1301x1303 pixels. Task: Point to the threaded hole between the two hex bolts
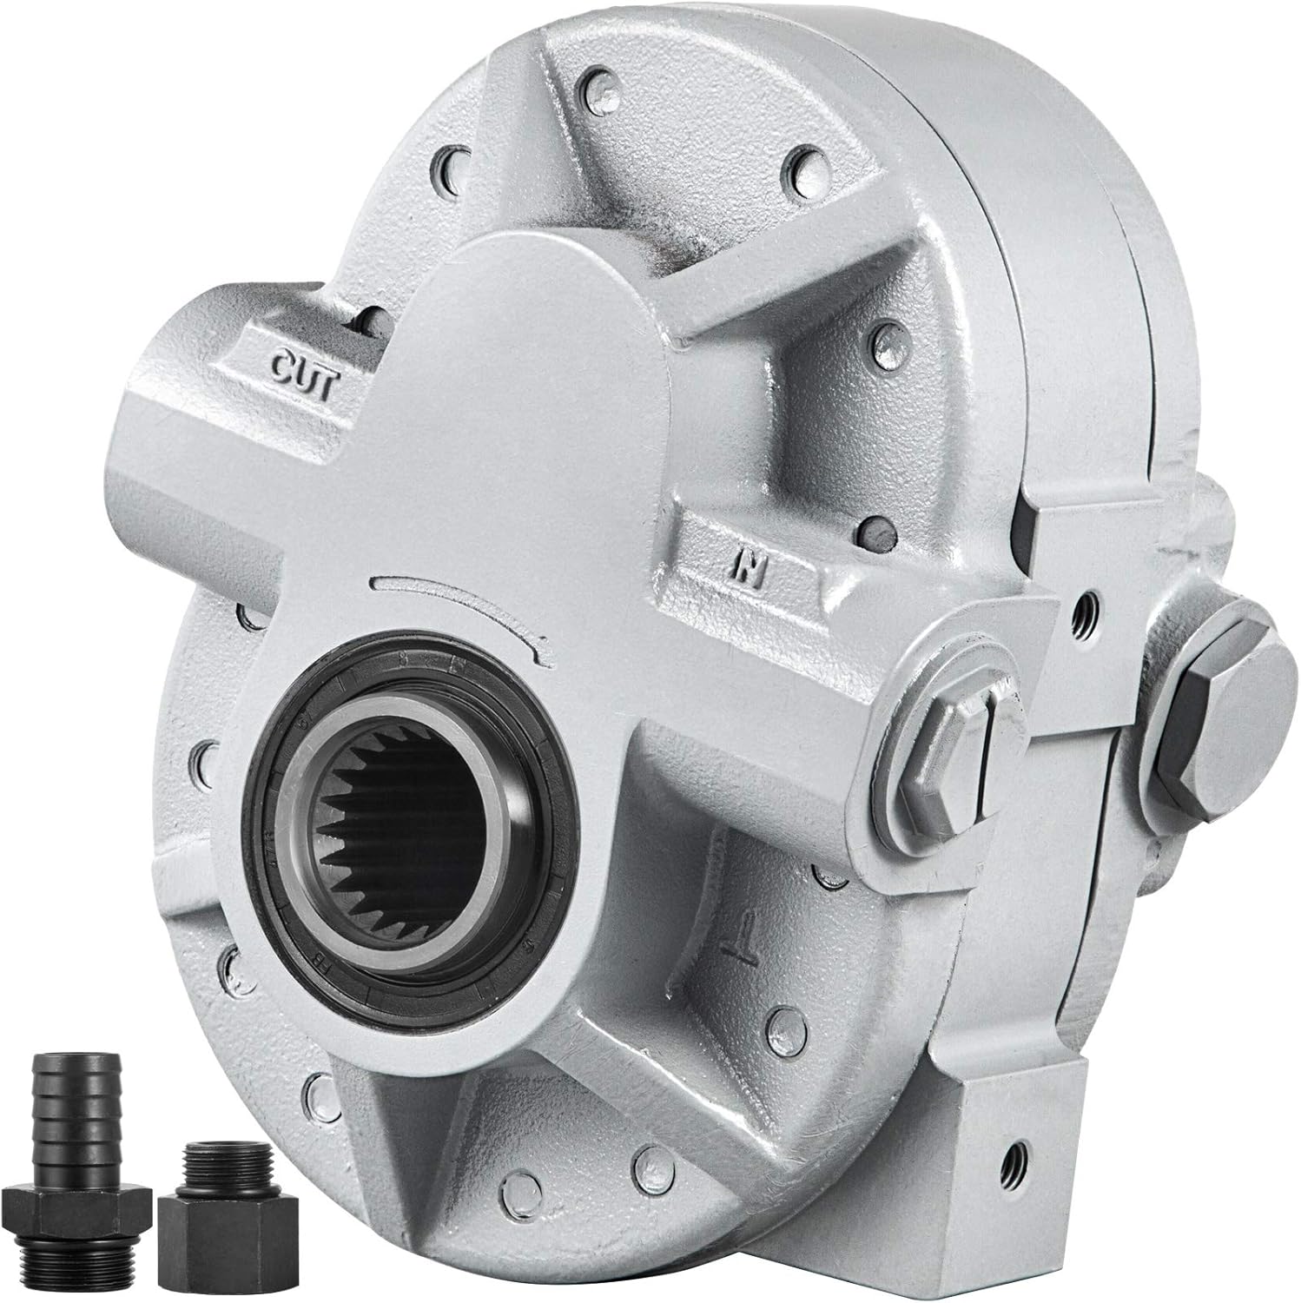tap(1080, 612)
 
